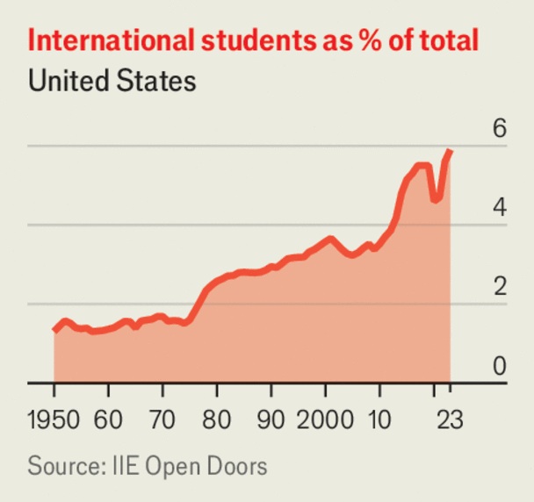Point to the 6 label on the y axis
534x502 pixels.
coord(499,129)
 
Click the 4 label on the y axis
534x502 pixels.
coord(499,208)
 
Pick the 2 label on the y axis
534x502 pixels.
coord(499,287)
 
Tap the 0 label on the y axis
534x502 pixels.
coord(499,366)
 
